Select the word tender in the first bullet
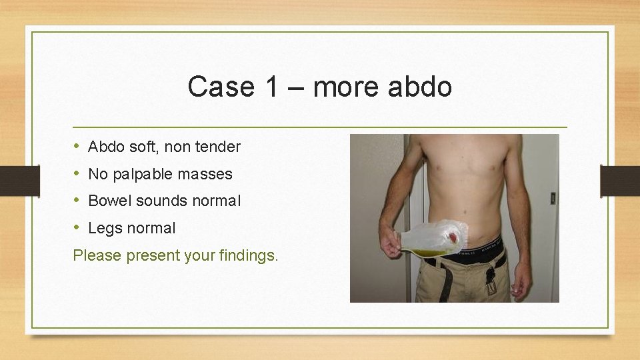[x=219, y=147]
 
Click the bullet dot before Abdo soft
[x=77, y=146]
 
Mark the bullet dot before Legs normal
[x=77, y=227]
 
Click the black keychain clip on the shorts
[x=490, y=277]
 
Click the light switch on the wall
[x=553, y=198]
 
